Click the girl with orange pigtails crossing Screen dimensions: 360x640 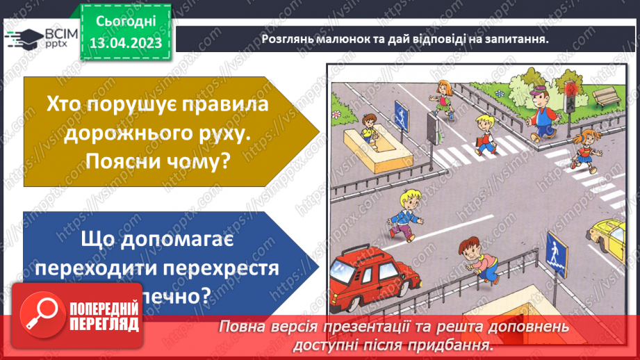click(x=584, y=148)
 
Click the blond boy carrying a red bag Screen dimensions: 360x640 click(x=484, y=133)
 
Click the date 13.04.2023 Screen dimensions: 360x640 click(x=125, y=43)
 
